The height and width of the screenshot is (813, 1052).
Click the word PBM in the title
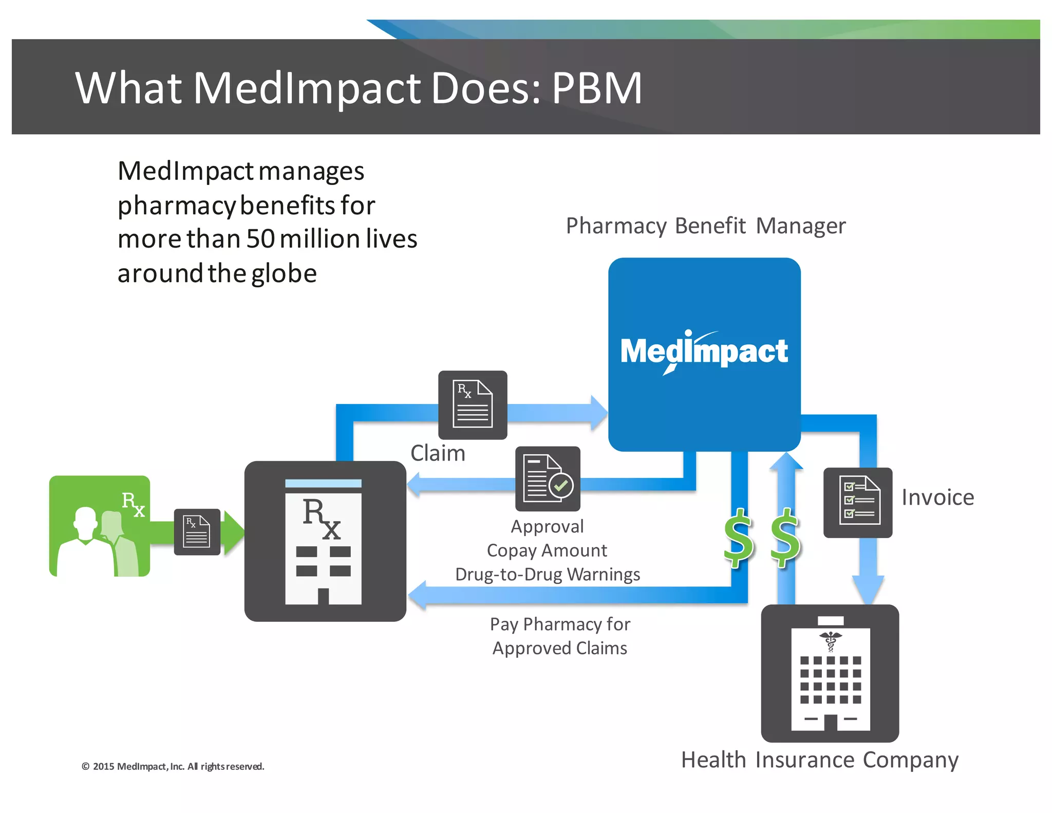click(x=597, y=88)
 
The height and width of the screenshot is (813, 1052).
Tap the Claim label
click(x=438, y=453)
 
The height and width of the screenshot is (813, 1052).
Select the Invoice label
click(x=937, y=497)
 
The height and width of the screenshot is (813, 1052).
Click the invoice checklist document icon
click(x=858, y=502)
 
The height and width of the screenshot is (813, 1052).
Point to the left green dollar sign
click(x=739, y=538)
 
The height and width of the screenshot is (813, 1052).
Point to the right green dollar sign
click(x=785, y=538)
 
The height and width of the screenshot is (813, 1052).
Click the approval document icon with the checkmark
click(x=548, y=478)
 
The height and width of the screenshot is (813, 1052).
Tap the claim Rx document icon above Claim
click(x=472, y=404)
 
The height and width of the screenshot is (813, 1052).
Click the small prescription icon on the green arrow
click(x=197, y=532)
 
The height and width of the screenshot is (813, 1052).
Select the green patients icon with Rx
click(x=100, y=526)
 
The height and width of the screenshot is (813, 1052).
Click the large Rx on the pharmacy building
click(x=322, y=518)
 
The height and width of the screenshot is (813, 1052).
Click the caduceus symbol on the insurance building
click(x=830, y=641)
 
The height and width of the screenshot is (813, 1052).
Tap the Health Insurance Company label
click(x=819, y=760)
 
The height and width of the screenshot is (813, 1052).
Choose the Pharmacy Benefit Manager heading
click(x=705, y=226)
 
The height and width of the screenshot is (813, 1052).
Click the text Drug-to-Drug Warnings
click(x=548, y=574)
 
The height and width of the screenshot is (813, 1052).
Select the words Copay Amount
click(x=547, y=550)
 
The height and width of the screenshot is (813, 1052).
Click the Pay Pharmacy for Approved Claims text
click(x=560, y=636)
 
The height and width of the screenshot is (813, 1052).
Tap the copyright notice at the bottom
click(x=173, y=766)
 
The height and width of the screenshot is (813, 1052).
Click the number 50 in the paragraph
click(x=260, y=239)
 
